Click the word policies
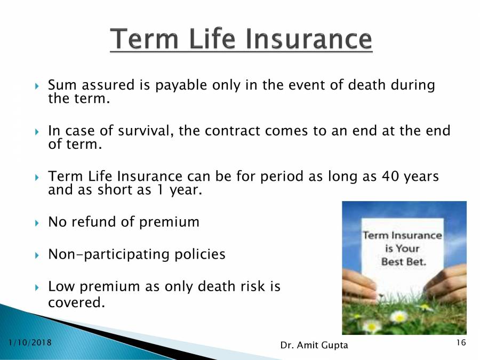click(201, 254)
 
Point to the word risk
click(251, 287)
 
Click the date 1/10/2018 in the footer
click(30, 342)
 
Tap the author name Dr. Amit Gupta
click(314, 346)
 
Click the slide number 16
click(461, 342)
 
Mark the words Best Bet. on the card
click(403, 262)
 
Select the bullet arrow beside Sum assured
click(36, 86)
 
